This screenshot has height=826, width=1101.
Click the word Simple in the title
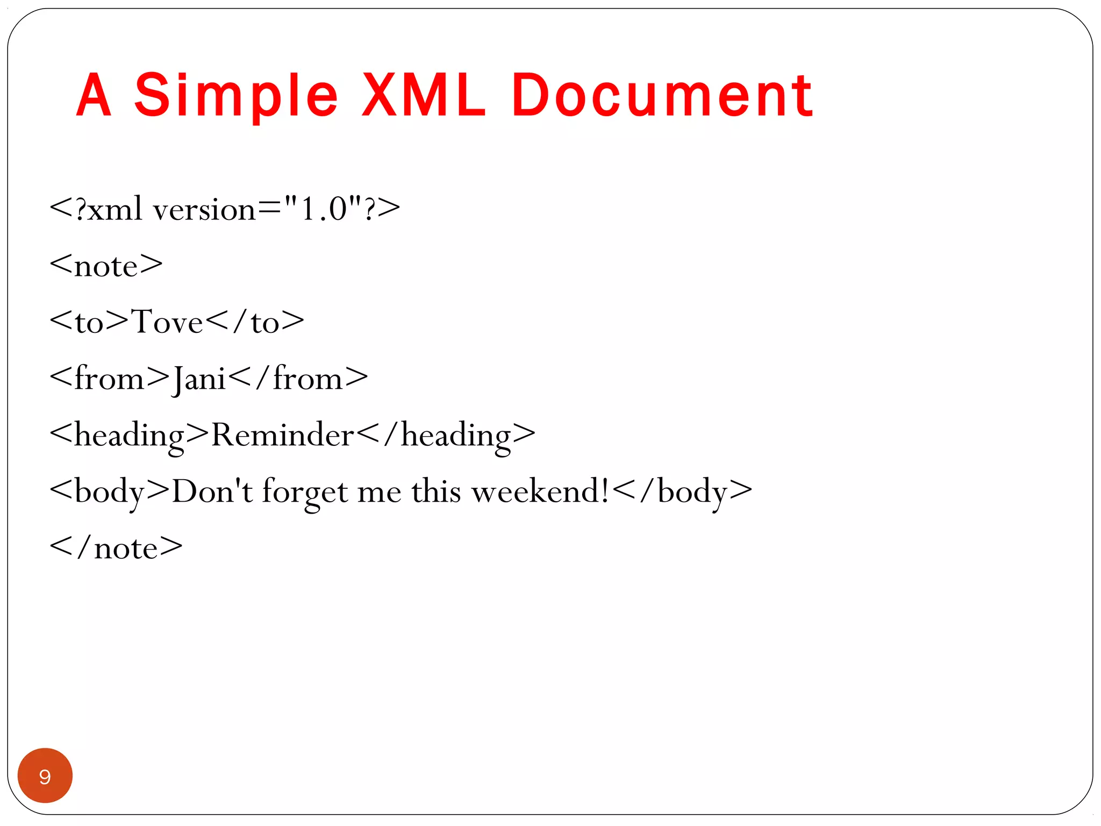[236, 96]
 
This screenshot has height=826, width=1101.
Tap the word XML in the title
[424, 96]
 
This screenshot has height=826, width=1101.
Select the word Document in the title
[662, 96]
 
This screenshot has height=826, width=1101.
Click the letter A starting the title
[94, 96]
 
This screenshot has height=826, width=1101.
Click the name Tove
[167, 322]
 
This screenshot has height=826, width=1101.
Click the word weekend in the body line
[540, 492]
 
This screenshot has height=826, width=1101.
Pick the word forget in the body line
[305, 492]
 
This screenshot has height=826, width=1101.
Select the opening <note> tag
[106, 266]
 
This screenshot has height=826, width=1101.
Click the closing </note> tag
[116, 548]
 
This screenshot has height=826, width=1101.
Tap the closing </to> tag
[255, 322]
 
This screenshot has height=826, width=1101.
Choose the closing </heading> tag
[446, 435]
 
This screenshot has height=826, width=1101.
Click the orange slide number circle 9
[45, 775]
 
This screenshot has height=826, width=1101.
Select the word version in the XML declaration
[204, 209]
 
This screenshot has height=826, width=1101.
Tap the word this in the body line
[436, 492]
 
